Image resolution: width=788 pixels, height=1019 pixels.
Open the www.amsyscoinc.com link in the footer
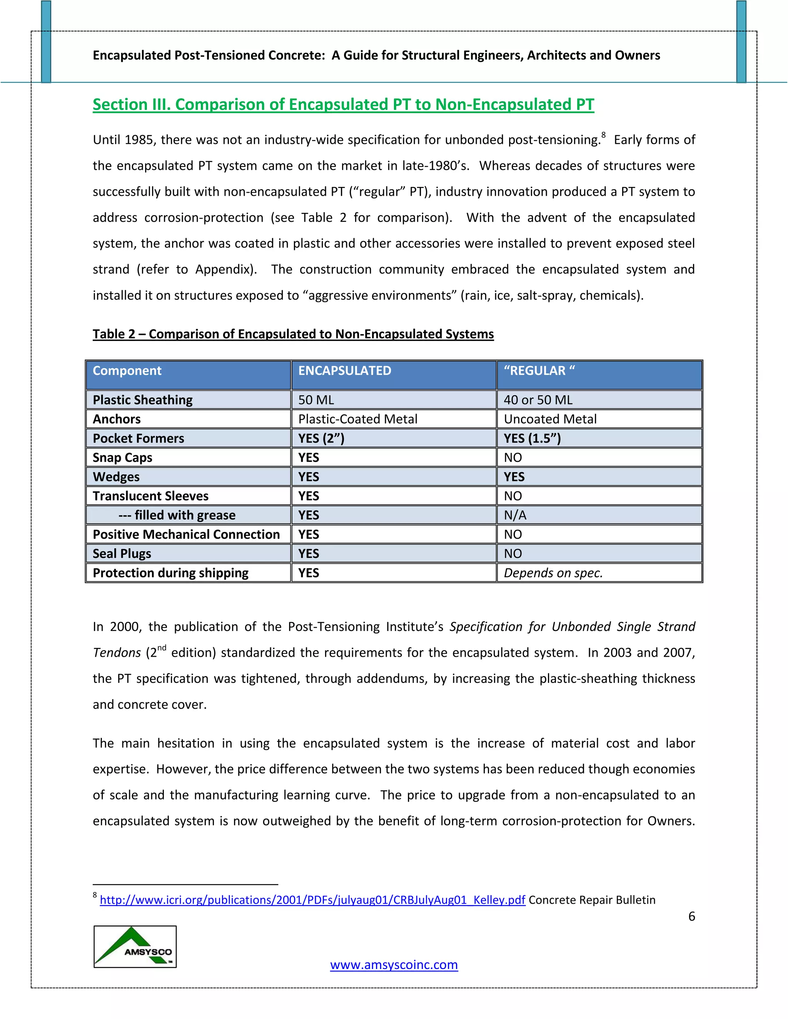(394, 964)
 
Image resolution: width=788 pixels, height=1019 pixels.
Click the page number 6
(691, 916)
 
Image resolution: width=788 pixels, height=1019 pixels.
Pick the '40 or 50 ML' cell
(538, 400)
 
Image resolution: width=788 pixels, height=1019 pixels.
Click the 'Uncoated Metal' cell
(550, 419)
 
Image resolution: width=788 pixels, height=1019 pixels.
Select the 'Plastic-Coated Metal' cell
(357, 419)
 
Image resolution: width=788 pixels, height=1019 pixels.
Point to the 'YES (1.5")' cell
(532, 438)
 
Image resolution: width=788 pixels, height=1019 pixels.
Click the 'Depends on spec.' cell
(553, 573)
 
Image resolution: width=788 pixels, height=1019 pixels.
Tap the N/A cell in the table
(515, 515)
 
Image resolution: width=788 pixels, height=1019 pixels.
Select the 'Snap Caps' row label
(122, 457)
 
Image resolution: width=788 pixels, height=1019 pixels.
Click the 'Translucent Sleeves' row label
(150, 496)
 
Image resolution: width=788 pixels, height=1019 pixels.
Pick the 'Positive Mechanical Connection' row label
(186, 534)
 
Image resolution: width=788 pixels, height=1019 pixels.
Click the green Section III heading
(343, 104)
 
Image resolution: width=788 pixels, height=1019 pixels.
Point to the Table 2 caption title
(293, 334)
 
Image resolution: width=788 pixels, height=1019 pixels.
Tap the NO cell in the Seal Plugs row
(513, 553)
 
